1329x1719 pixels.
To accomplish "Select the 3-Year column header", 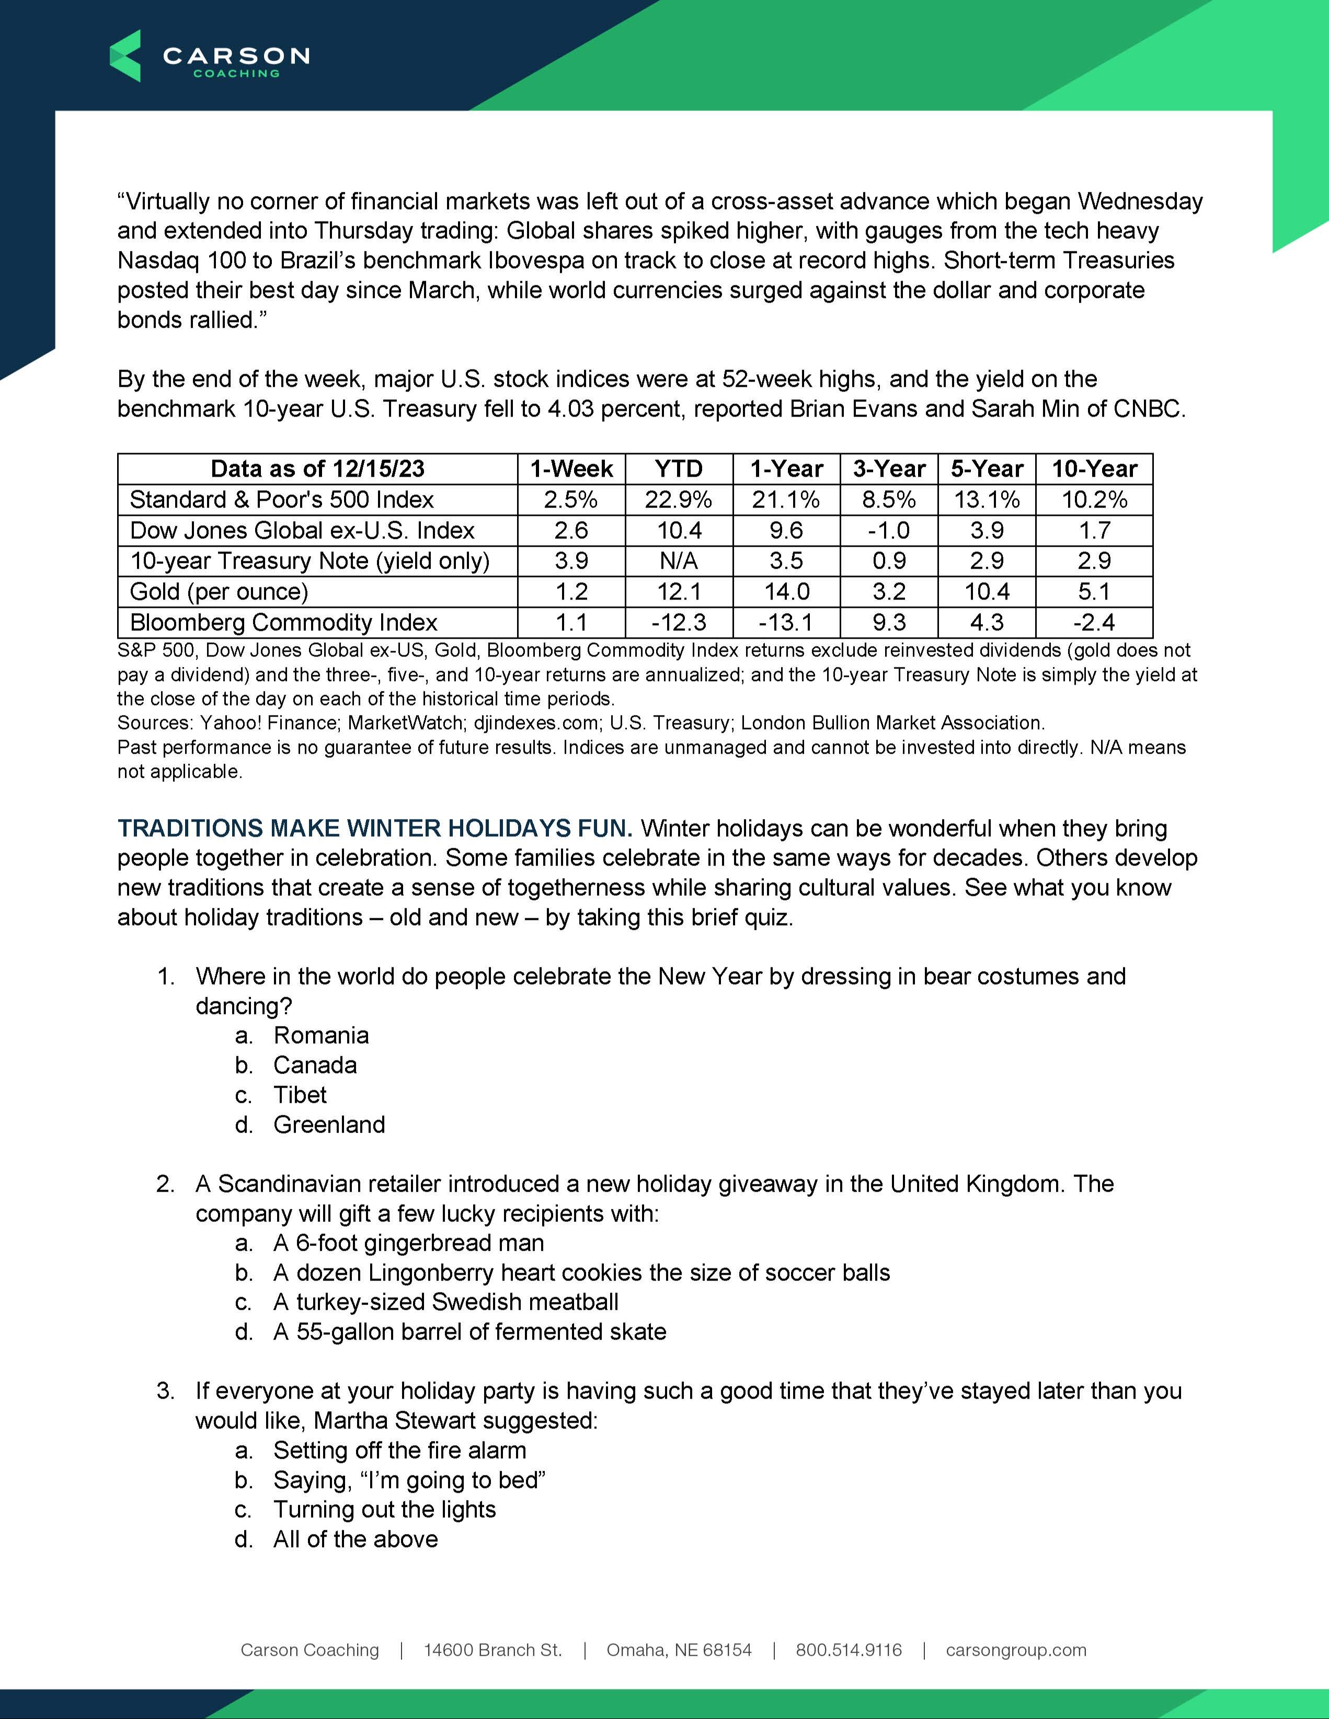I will [x=889, y=469].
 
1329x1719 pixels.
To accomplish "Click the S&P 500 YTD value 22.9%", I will [x=679, y=500].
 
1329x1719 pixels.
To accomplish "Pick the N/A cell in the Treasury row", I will [x=679, y=561].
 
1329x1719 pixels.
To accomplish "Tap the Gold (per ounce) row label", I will [x=219, y=592].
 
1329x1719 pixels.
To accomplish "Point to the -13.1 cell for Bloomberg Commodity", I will [x=786, y=622].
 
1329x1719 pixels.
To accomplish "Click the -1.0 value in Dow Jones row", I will [x=889, y=530].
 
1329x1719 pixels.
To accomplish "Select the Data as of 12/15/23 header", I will [x=317, y=469].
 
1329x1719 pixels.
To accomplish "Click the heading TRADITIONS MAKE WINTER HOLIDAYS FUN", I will [x=375, y=829].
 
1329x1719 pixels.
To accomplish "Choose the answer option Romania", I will [x=320, y=1036].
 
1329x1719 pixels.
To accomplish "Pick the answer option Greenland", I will [x=329, y=1125].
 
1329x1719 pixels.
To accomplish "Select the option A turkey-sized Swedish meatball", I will [x=445, y=1302].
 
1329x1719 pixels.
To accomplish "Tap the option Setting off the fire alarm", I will [x=399, y=1450].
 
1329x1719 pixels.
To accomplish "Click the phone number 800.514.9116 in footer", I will [x=849, y=1651].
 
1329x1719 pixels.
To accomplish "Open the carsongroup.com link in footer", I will [x=1016, y=1651].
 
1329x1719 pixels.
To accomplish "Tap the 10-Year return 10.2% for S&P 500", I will [x=1094, y=500].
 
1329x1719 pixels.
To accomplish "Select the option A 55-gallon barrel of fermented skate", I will [x=469, y=1332].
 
